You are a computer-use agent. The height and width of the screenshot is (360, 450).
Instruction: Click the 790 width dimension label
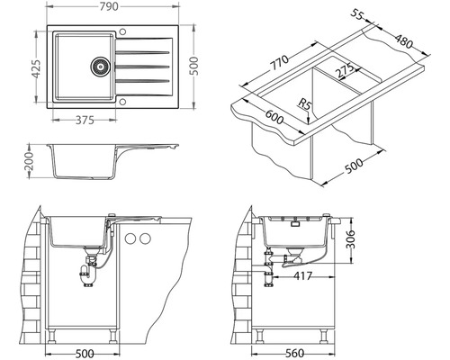[x=109, y=7]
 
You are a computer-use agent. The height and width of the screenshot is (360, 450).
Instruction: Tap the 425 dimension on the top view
[x=36, y=69]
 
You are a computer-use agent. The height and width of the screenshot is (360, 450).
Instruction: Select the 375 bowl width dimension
[x=85, y=121]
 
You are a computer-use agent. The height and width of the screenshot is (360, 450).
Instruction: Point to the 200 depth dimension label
[x=30, y=161]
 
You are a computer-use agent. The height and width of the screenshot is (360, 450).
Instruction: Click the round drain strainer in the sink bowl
[x=100, y=66]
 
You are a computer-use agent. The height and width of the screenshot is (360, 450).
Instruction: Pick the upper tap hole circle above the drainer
[x=122, y=31]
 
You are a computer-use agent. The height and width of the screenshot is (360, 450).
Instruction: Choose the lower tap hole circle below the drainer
[x=122, y=102]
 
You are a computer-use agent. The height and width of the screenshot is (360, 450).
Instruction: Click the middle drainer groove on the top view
[x=142, y=67]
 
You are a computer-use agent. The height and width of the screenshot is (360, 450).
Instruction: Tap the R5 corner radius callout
[x=304, y=105]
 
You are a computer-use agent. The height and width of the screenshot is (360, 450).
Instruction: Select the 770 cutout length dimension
[x=280, y=62]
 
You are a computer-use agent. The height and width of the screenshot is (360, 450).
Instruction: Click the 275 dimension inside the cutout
[x=344, y=71]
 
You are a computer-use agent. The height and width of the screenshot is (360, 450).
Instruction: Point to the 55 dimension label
[x=357, y=14]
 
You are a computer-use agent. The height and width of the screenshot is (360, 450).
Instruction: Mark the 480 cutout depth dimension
[x=403, y=41]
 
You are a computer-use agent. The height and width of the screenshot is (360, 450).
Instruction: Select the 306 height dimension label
[x=350, y=239]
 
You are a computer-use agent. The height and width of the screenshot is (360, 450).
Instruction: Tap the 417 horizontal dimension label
[x=302, y=275]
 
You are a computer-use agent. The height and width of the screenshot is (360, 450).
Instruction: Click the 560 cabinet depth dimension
[x=294, y=354]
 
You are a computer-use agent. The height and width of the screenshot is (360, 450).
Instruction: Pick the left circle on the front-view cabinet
[x=130, y=238]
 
